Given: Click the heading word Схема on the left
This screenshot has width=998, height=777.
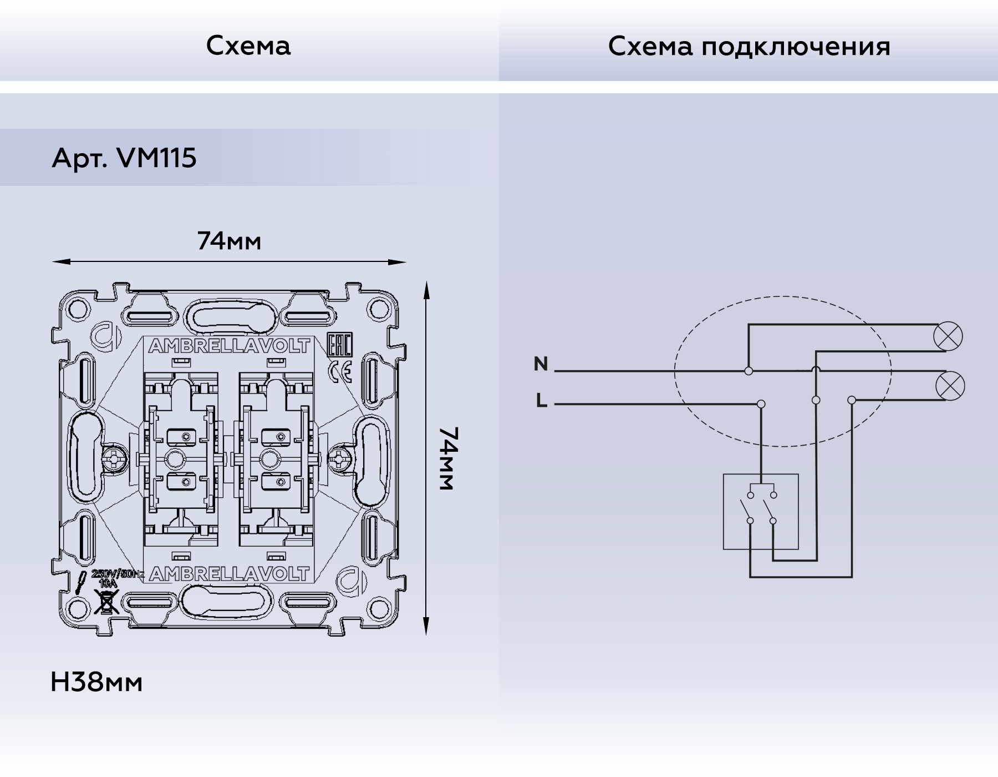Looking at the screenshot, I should coord(248,46).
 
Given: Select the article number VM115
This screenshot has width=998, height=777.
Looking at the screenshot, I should coord(156,158).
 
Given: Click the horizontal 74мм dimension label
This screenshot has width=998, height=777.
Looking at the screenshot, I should coord(229,241).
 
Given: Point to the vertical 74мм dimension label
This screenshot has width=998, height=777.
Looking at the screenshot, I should coord(447,458).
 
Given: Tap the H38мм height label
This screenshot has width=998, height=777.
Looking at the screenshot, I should coord(96,682).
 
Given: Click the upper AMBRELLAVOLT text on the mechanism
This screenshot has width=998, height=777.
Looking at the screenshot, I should coord(229,346).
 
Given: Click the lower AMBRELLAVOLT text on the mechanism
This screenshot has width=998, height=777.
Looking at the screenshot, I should coord(229,574).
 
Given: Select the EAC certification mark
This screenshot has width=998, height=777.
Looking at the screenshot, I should coord(339,346).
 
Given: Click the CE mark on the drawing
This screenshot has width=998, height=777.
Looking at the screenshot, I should coord(340,371).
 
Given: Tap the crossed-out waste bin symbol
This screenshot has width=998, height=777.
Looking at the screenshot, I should coord(106,602).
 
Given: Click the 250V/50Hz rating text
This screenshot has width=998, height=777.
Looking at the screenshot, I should coord(117,574).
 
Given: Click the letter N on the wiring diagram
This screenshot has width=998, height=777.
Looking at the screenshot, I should coord(541,364).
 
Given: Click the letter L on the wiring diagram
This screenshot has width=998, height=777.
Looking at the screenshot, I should coord(542,400).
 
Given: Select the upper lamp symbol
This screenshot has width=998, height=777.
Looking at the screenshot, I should coord(948,336).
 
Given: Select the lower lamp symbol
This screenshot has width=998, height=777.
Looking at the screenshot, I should coord(949,386).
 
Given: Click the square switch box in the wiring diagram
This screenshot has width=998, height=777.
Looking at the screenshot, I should coord(761,512).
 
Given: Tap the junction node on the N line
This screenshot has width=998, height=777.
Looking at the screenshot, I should coord(748,371).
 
